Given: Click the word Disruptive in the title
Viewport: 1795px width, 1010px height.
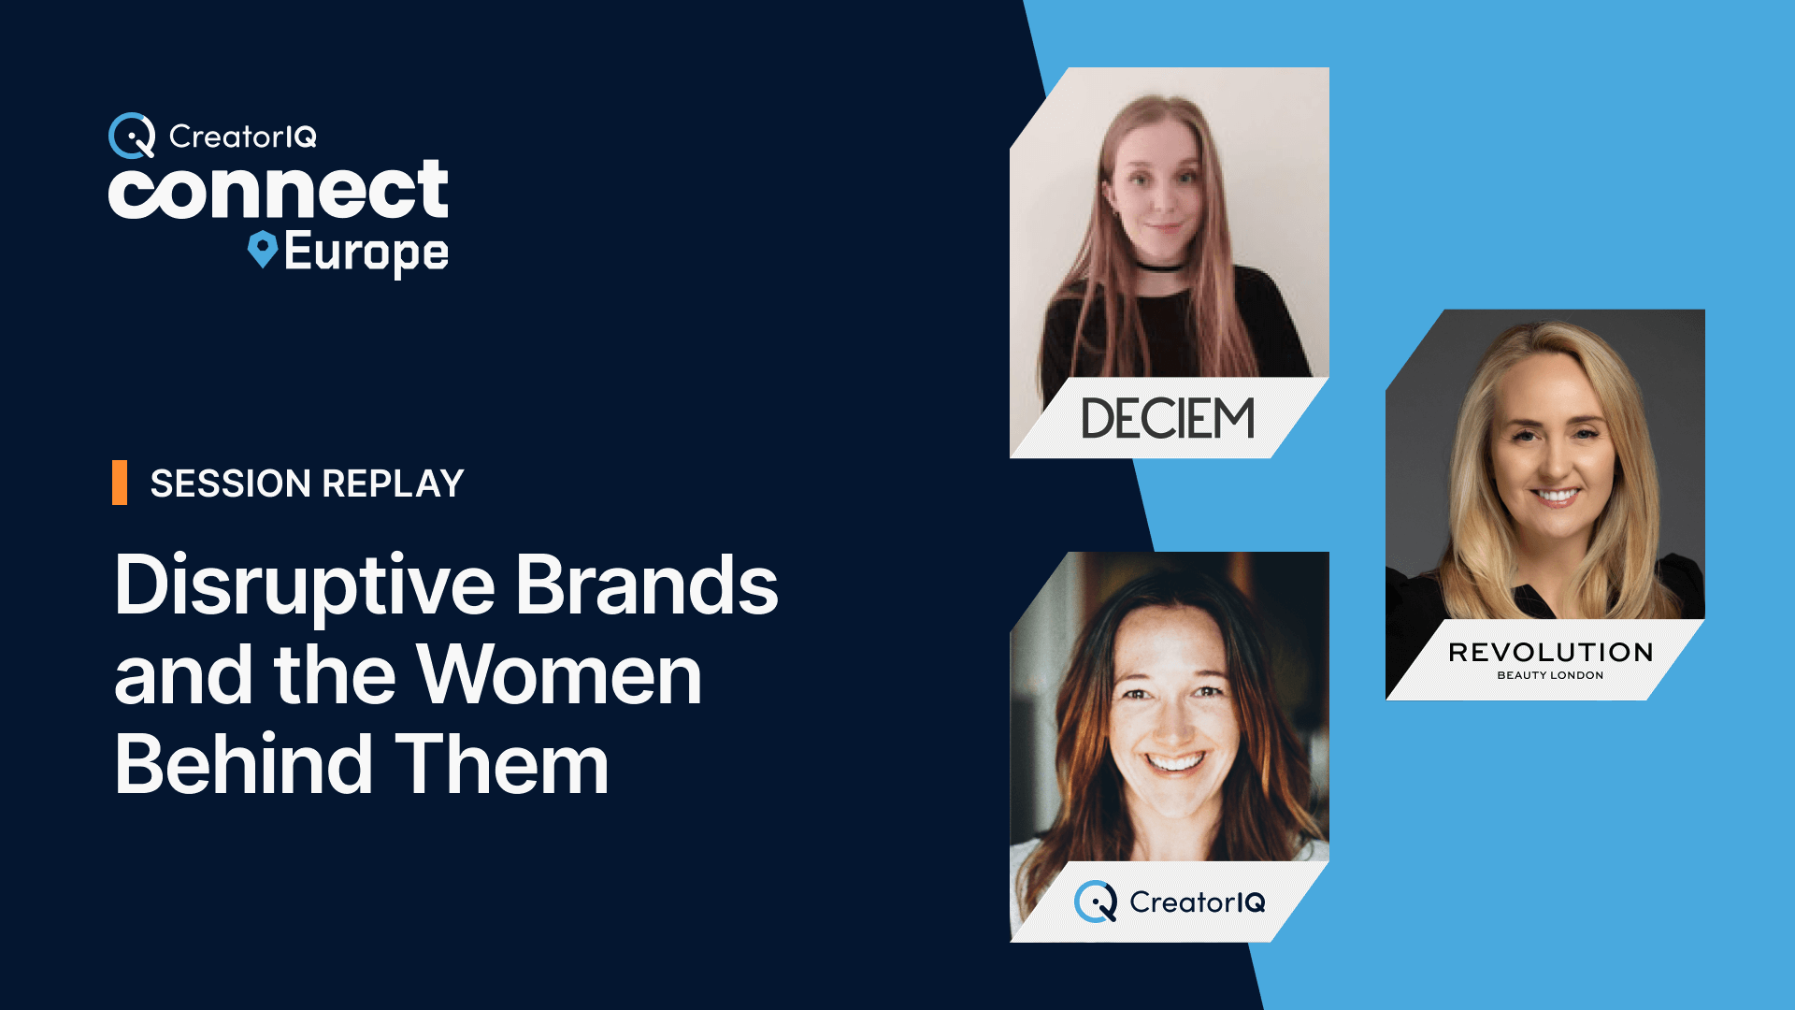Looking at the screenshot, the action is pos(304,587).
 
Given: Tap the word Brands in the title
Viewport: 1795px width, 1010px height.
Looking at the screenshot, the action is pos(647,584).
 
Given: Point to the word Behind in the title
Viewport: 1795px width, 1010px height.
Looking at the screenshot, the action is pos(243,763).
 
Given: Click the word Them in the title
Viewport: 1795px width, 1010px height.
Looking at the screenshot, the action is pos(502,763).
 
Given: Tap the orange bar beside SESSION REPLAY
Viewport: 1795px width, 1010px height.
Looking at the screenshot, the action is pos(120,483).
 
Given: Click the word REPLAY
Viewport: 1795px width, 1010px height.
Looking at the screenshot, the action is pos(393,483).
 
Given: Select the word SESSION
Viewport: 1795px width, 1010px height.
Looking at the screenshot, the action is pos(231,483).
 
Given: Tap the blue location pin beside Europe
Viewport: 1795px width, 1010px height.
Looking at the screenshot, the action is pos(263,250).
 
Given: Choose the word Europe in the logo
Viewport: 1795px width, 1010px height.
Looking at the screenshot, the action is pos(366,252).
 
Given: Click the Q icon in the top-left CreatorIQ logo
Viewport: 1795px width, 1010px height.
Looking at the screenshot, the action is pos(132,136).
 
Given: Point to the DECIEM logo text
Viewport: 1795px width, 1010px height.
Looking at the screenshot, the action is pos(1168,418).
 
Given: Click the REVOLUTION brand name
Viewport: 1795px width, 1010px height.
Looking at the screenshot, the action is pos(1550,652).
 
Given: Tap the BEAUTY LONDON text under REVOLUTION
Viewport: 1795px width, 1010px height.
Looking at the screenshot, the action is pos(1550,675).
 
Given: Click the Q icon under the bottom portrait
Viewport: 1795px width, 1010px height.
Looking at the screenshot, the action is pos(1096,902).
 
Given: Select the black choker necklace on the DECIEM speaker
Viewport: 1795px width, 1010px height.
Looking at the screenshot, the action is pos(1162,268).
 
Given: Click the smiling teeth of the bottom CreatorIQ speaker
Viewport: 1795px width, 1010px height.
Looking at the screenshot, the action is pos(1174,762).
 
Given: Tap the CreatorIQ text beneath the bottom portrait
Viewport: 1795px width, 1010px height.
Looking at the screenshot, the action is pos(1198,902).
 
